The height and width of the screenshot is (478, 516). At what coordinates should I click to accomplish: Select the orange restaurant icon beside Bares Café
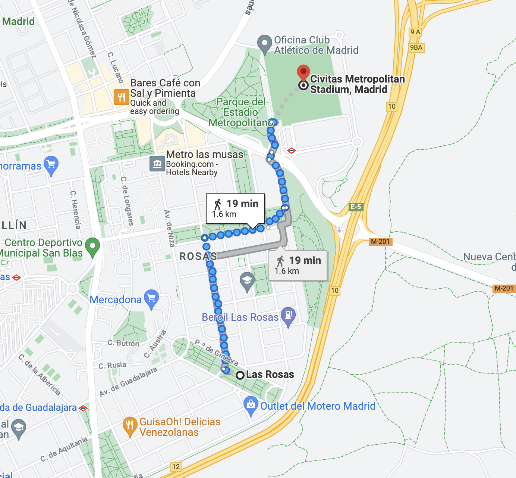coord(121,97)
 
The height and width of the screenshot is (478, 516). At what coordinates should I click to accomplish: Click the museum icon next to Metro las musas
coord(157,164)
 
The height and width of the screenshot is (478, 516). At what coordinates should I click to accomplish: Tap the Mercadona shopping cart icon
coord(151,298)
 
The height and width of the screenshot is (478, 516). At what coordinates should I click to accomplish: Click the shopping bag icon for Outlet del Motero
coord(251,404)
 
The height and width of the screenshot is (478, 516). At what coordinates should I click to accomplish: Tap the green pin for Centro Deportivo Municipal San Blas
coord(92,246)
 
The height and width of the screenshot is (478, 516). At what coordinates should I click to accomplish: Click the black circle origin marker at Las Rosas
coord(240,375)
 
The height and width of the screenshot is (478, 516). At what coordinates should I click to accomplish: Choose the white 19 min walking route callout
coord(235,208)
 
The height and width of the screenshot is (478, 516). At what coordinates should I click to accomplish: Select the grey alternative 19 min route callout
coord(298,265)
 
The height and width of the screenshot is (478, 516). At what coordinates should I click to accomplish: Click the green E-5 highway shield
coord(356,207)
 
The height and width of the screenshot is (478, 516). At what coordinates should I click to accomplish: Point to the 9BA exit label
coord(416,47)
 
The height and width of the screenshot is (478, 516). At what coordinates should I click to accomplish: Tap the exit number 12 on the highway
coord(176,466)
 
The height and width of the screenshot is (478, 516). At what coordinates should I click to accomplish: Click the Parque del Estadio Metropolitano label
coord(240,112)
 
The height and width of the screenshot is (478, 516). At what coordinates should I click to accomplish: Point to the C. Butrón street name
coord(123,343)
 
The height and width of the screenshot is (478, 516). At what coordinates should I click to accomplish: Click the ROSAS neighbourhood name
coord(198,256)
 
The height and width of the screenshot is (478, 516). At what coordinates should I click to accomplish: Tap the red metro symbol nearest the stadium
coord(292,150)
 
